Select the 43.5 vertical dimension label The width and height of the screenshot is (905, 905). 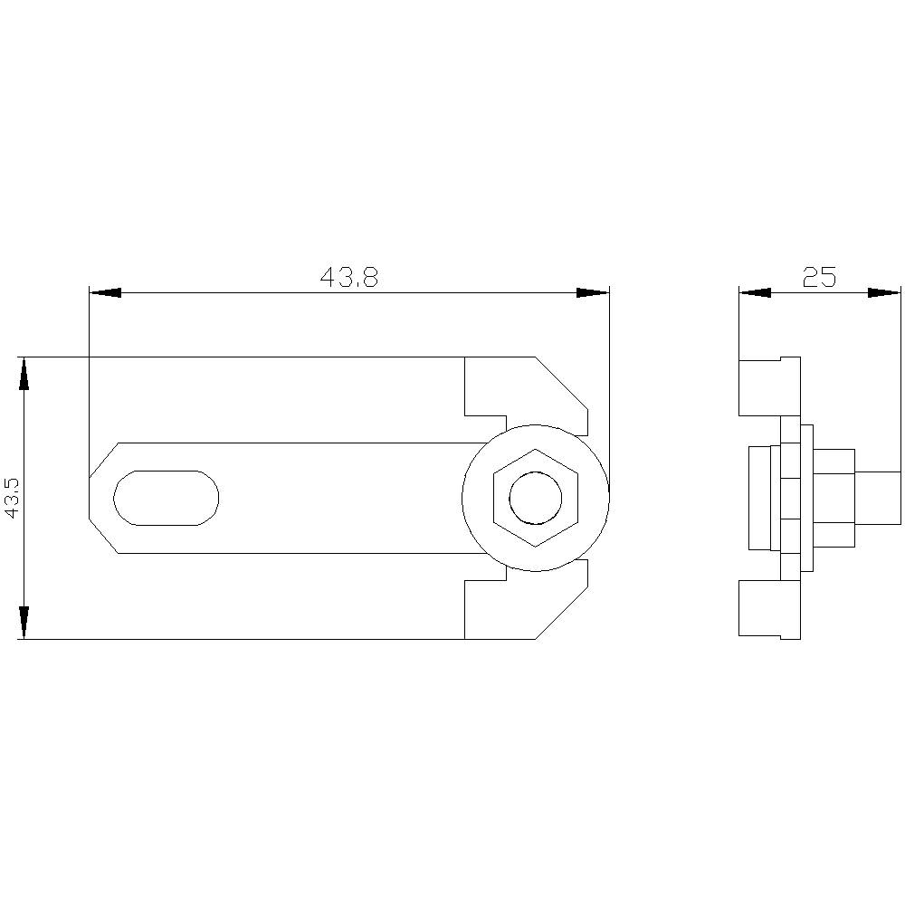(12, 498)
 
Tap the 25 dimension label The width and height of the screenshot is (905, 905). (819, 278)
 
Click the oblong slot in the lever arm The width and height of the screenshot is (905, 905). (166, 498)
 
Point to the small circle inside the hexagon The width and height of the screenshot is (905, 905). (535, 498)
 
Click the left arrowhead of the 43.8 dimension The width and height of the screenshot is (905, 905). (105, 292)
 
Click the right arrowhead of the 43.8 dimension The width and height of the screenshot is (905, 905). (594, 292)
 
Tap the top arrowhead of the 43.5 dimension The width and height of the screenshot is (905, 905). (24, 373)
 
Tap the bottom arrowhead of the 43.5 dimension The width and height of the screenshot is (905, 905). (24, 623)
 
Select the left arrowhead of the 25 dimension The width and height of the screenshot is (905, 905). (755, 292)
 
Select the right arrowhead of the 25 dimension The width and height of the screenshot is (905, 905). (885, 292)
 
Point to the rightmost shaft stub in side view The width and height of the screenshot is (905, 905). (878, 498)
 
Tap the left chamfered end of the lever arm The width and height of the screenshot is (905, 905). (101, 498)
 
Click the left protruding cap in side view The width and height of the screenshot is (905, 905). (758, 498)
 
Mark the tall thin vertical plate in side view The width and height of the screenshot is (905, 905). (790, 498)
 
